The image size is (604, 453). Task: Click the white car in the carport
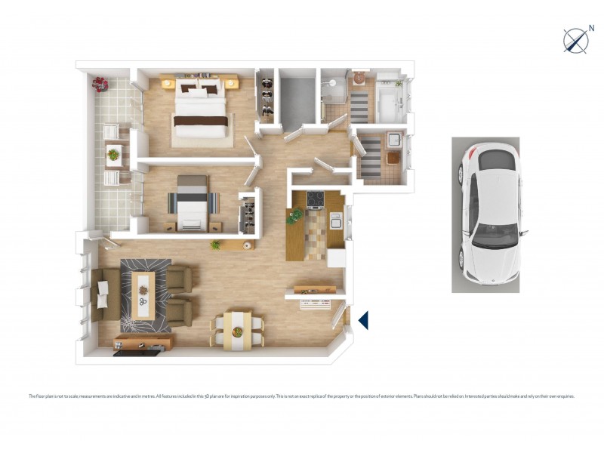click(485, 215)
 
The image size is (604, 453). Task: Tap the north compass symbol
click(575, 40)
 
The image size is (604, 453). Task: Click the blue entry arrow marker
click(363, 320)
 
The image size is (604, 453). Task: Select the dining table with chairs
click(238, 331)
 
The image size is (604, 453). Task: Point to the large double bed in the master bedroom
click(200, 109)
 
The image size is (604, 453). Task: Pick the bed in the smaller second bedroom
click(193, 202)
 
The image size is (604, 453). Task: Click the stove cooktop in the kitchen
click(313, 199)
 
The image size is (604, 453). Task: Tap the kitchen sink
click(336, 220)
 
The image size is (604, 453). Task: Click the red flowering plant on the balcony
click(100, 82)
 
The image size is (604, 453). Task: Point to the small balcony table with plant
click(113, 156)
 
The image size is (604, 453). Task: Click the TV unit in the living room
click(143, 343)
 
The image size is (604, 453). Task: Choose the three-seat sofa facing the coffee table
click(103, 294)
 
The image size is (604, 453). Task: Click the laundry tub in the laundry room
click(393, 140)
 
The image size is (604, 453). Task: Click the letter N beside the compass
click(591, 28)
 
